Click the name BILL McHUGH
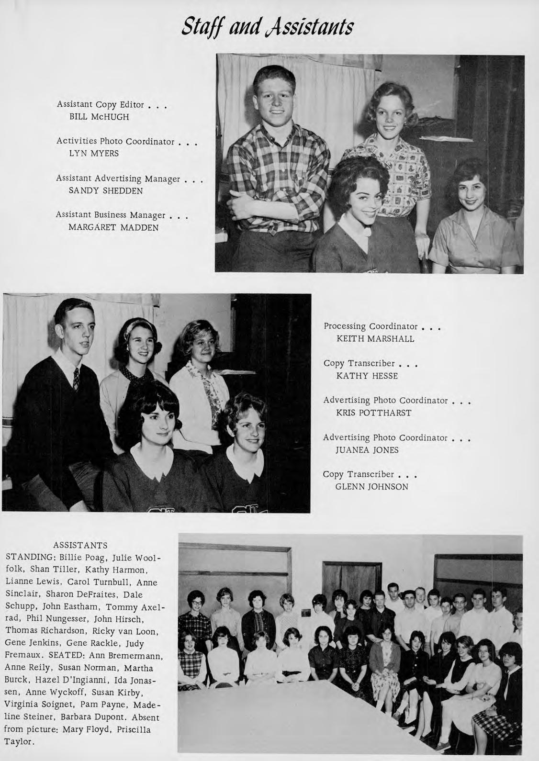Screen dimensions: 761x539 pyautogui.click(x=99, y=116)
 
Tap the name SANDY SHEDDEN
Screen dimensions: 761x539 pyautogui.click(x=106, y=190)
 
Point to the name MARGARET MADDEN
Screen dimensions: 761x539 pyautogui.click(x=113, y=227)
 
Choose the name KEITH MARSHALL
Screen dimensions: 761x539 pyautogui.click(x=375, y=339)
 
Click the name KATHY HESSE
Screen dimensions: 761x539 pyautogui.click(x=367, y=376)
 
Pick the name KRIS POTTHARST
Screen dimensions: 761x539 pyautogui.click(x=374, y=413)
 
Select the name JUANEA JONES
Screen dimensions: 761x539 pyautogui.click(x=367, y=450)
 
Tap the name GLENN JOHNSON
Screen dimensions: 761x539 pyautogui.click(x=372, y=487)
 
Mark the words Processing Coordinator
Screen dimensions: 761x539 pyautogui.click(x=371, y=326)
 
